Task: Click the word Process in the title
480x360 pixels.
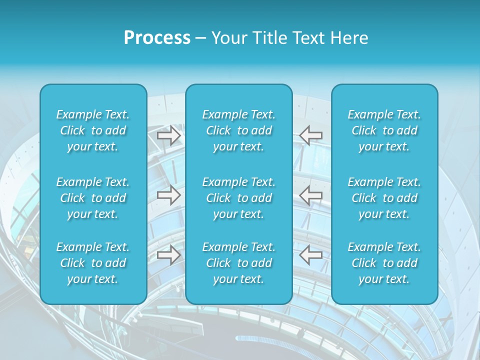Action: tap(157, 38)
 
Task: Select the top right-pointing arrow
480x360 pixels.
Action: tap(169, 135)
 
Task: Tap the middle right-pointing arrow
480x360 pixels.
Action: tap(169, 195)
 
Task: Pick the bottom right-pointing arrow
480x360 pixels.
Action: tap(169, 255)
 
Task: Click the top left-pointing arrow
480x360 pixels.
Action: tap(310, 135)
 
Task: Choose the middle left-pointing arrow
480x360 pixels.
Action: tap(310, 195)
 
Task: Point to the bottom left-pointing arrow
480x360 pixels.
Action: tap(310, 255)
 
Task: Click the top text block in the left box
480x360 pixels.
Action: tap(93, 130)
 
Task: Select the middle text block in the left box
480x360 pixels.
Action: tap(93, 198)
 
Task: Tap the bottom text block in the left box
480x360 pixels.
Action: tap(93, 263)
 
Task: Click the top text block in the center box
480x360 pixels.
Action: tap(239, 130)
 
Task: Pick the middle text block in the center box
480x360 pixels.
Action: tap(239, 198)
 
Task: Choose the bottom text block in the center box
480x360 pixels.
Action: tap(239, 263)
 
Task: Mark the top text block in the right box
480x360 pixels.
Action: tap(384, 130)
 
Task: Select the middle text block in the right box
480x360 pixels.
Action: tap(384, 198)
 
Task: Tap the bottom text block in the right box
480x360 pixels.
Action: tap(384, 263)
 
